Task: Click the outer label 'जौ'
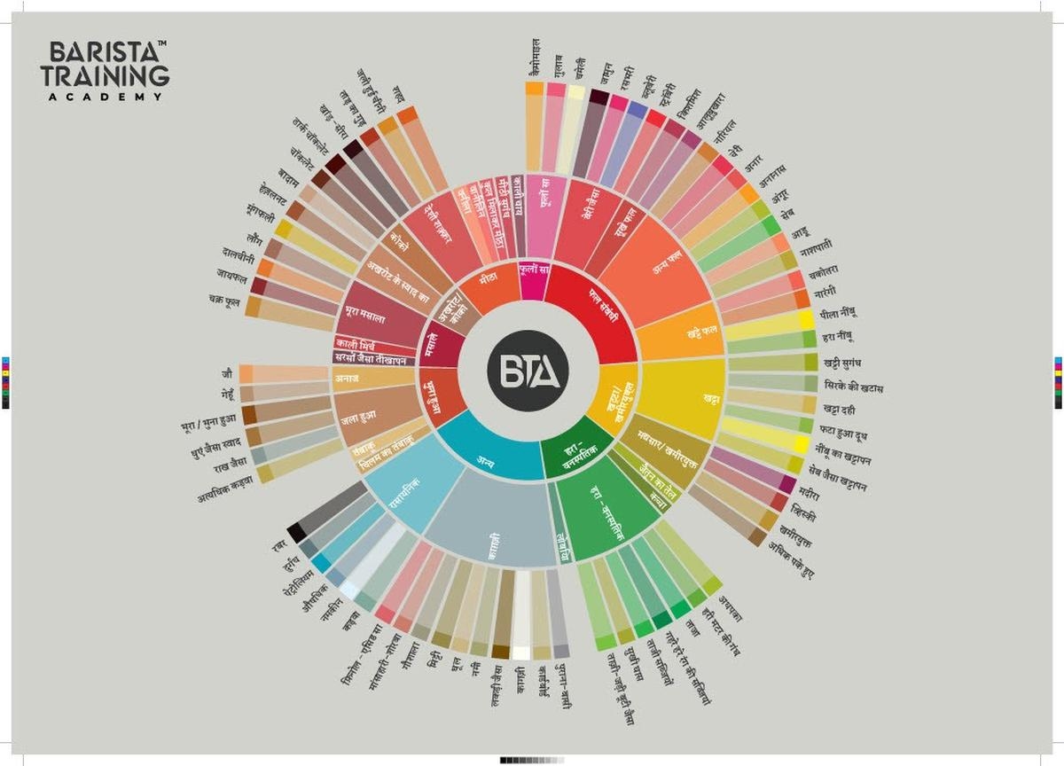point(228,374)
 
